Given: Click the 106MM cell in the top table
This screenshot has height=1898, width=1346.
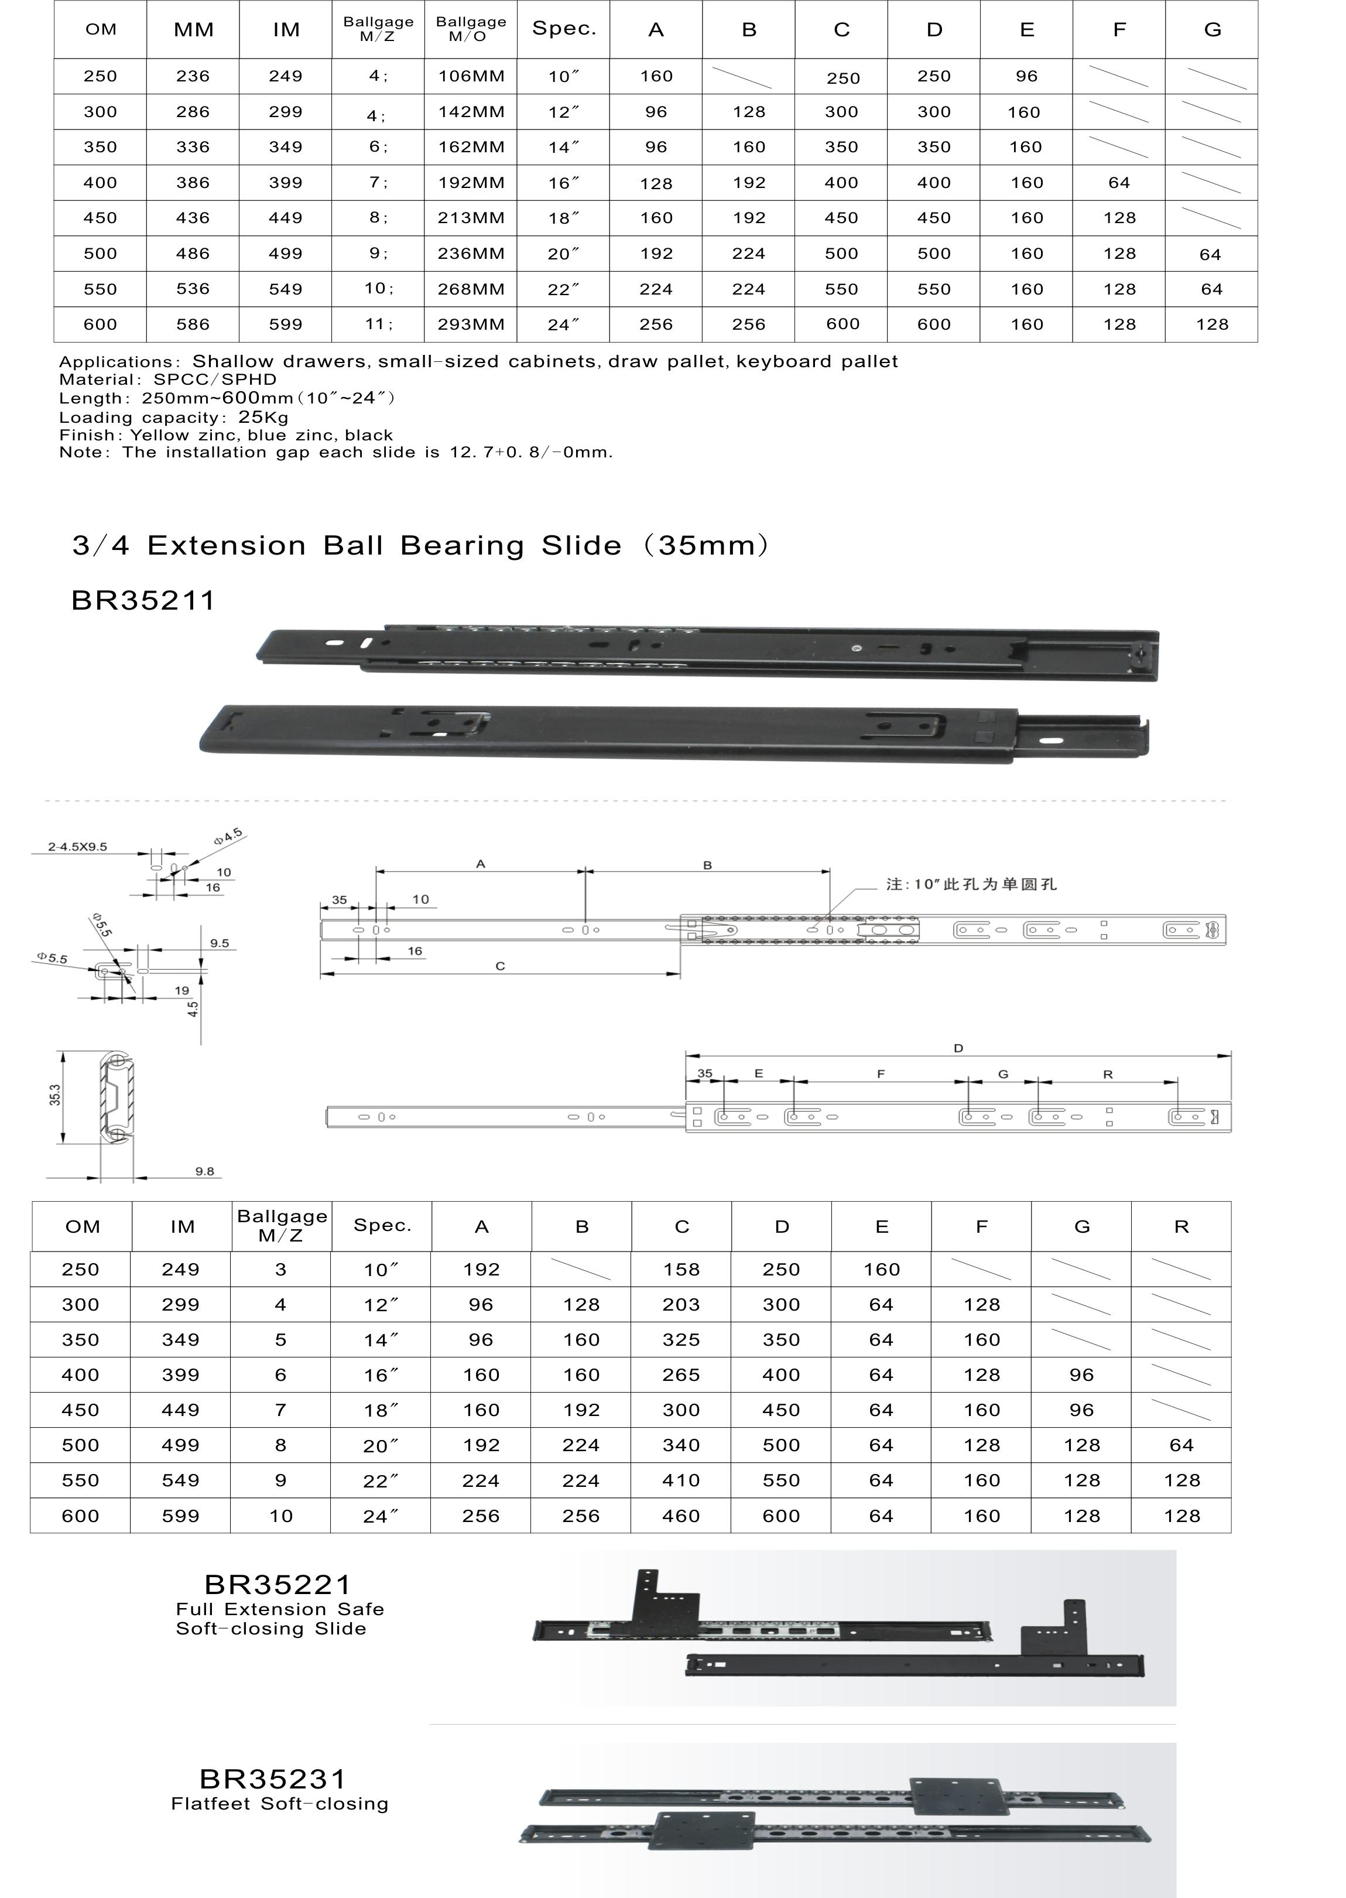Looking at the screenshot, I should (471, 76).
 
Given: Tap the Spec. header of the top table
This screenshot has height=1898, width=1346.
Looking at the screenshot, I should (564, 29).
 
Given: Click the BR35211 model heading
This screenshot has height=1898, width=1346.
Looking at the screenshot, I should (143, 600).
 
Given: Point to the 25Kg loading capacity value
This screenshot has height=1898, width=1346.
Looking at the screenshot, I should (263, 417).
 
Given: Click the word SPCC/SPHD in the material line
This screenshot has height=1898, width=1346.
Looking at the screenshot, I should (215, 379).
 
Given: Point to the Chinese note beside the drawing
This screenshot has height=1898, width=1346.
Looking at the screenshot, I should (971, 884).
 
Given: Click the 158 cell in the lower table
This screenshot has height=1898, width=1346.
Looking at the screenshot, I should (681, 1269).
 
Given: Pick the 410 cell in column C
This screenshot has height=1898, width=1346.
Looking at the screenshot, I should (681, 1480).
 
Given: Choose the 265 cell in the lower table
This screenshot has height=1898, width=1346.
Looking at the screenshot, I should (681, 1375).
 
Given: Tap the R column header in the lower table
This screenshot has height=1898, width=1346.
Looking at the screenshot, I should (1181, 1227).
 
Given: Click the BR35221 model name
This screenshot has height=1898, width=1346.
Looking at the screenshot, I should (278, 1585).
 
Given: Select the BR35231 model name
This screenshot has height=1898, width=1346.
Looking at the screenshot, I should (273, 1779).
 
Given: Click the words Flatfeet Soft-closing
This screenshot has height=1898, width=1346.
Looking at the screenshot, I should (279, 1804).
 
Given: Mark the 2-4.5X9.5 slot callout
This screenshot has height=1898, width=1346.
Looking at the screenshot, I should (77, 847).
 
